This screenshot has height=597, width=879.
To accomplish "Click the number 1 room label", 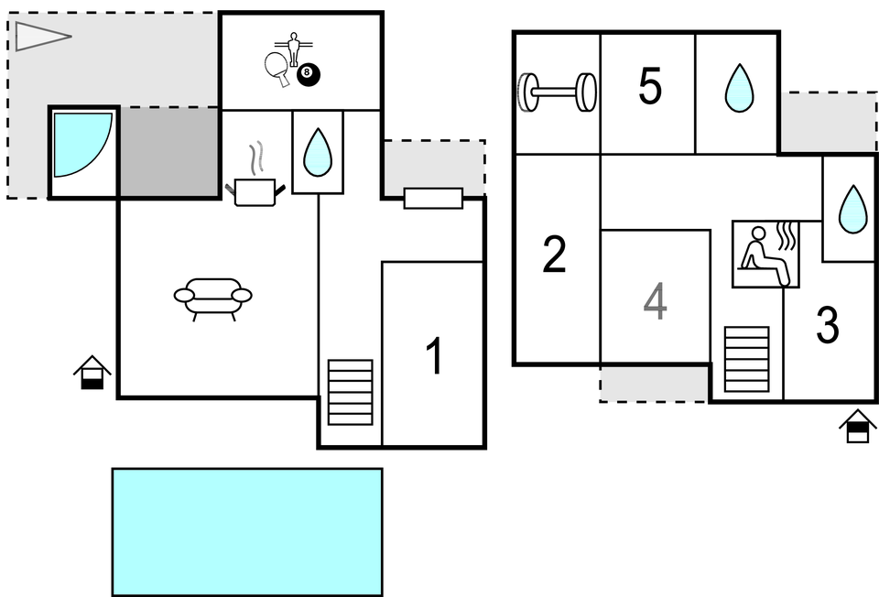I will (x=435, y=356).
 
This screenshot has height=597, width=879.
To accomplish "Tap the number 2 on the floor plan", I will (x=554, y=255).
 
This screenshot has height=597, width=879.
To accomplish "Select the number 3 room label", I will (x=827, y=326).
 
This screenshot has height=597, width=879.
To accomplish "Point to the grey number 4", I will (x=655, y=302).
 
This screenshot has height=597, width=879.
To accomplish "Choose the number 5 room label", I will (x=649, y=87).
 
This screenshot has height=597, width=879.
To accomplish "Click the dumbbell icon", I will (x=557, y=92).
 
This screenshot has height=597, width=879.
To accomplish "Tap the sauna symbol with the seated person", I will (x=765, y=254).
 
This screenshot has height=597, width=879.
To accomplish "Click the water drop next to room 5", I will (x=738, y=90).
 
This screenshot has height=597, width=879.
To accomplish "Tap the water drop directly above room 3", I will (x=852, y=209).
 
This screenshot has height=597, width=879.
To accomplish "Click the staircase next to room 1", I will (x=351, y=392).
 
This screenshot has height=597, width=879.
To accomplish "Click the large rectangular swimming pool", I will (x=247, y=531).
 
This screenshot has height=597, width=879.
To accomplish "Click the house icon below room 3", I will (x=857, y=426).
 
